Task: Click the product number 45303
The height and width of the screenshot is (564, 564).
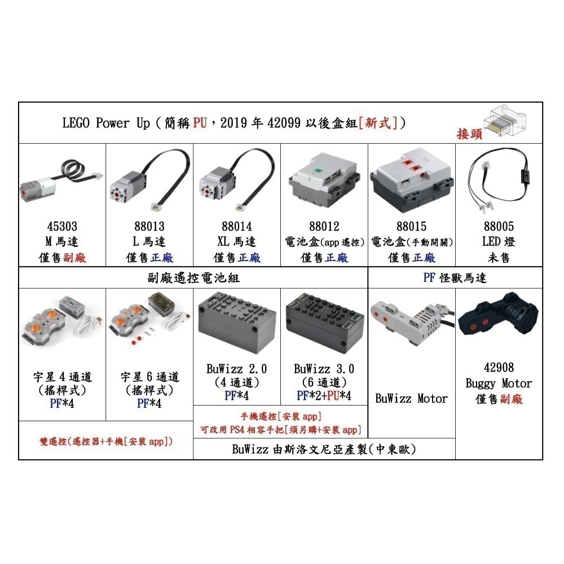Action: click(62, 226)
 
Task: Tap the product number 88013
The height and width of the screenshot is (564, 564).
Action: click(149, 226)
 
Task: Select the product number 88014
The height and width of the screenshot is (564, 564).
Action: click(237, 226)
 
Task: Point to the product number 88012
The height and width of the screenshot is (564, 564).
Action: click(324, 226)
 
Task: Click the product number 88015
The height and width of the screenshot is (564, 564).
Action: click(412, 226)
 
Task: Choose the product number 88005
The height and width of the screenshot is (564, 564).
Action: click(499, 226)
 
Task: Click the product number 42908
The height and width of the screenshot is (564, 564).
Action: click(499, 367)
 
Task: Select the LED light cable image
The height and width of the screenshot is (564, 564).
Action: click(499, 180)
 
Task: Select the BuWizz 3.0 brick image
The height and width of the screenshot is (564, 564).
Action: click(324, 319)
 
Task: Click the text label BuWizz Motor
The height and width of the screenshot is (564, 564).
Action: click(412, 399)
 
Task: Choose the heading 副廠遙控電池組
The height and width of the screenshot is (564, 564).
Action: click(193, 278)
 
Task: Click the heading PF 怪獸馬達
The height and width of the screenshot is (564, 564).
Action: click(455, 278)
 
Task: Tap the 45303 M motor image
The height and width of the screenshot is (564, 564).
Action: click(56, 180)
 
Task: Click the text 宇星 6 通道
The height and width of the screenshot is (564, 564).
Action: click(150, 377)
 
